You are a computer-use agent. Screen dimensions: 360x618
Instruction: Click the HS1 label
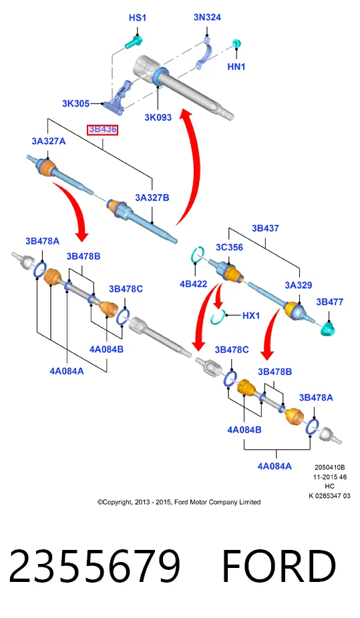point(137,18)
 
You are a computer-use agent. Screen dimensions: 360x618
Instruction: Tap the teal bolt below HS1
point(134,42)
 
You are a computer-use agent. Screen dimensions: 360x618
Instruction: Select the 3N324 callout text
point(207,17)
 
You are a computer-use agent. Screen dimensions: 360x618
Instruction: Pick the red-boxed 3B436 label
point(102,129)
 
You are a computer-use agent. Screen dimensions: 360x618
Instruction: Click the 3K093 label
point(158,117)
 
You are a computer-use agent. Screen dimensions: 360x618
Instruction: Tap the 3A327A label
point(49,141)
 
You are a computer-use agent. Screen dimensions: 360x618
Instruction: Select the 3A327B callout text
point(152,198)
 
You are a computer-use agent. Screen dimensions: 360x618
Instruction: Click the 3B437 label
point(265,228)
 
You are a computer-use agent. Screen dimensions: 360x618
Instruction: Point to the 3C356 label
point(229,247)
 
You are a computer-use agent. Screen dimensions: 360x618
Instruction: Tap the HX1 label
point(250,315)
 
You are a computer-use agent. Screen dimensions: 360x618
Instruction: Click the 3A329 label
point(299,286)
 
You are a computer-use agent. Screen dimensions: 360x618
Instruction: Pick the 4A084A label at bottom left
point(67,371)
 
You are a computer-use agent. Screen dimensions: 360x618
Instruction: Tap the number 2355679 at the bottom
point(95,565)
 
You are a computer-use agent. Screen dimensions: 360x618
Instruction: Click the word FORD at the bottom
point(279,565)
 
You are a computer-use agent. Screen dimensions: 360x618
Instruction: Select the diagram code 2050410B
point(330,467)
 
